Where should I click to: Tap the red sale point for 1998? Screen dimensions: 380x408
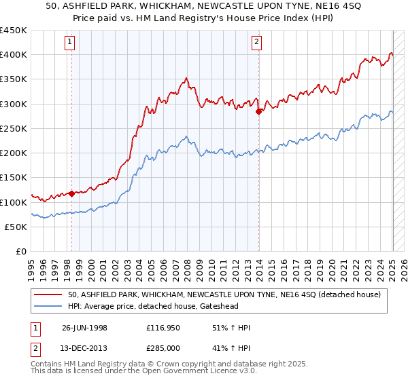tap(72, 193)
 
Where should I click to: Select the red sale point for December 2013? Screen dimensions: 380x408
tap(258, 112)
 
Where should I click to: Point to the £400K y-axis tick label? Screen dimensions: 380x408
tap(14, 55)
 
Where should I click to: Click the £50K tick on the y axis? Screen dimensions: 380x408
tap(16, 227)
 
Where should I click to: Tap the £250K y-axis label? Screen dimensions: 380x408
tap(14, 128)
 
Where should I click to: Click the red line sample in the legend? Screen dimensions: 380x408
tap(49, 294)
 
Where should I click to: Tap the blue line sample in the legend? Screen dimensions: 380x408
tap(49, 307)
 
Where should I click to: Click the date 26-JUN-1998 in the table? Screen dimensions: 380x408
tap(84, 328)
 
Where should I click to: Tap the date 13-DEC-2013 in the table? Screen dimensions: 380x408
tap(84, 348)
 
